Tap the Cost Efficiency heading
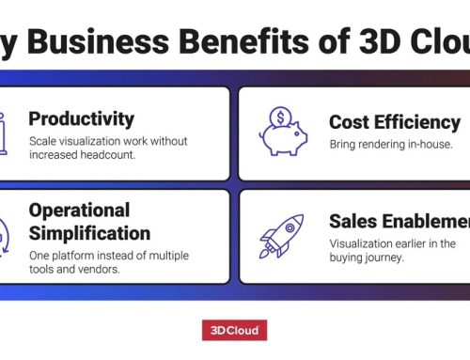(395, 122)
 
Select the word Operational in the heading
(78, 210)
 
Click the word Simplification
(89, 232)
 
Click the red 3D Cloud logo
(234, 330)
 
